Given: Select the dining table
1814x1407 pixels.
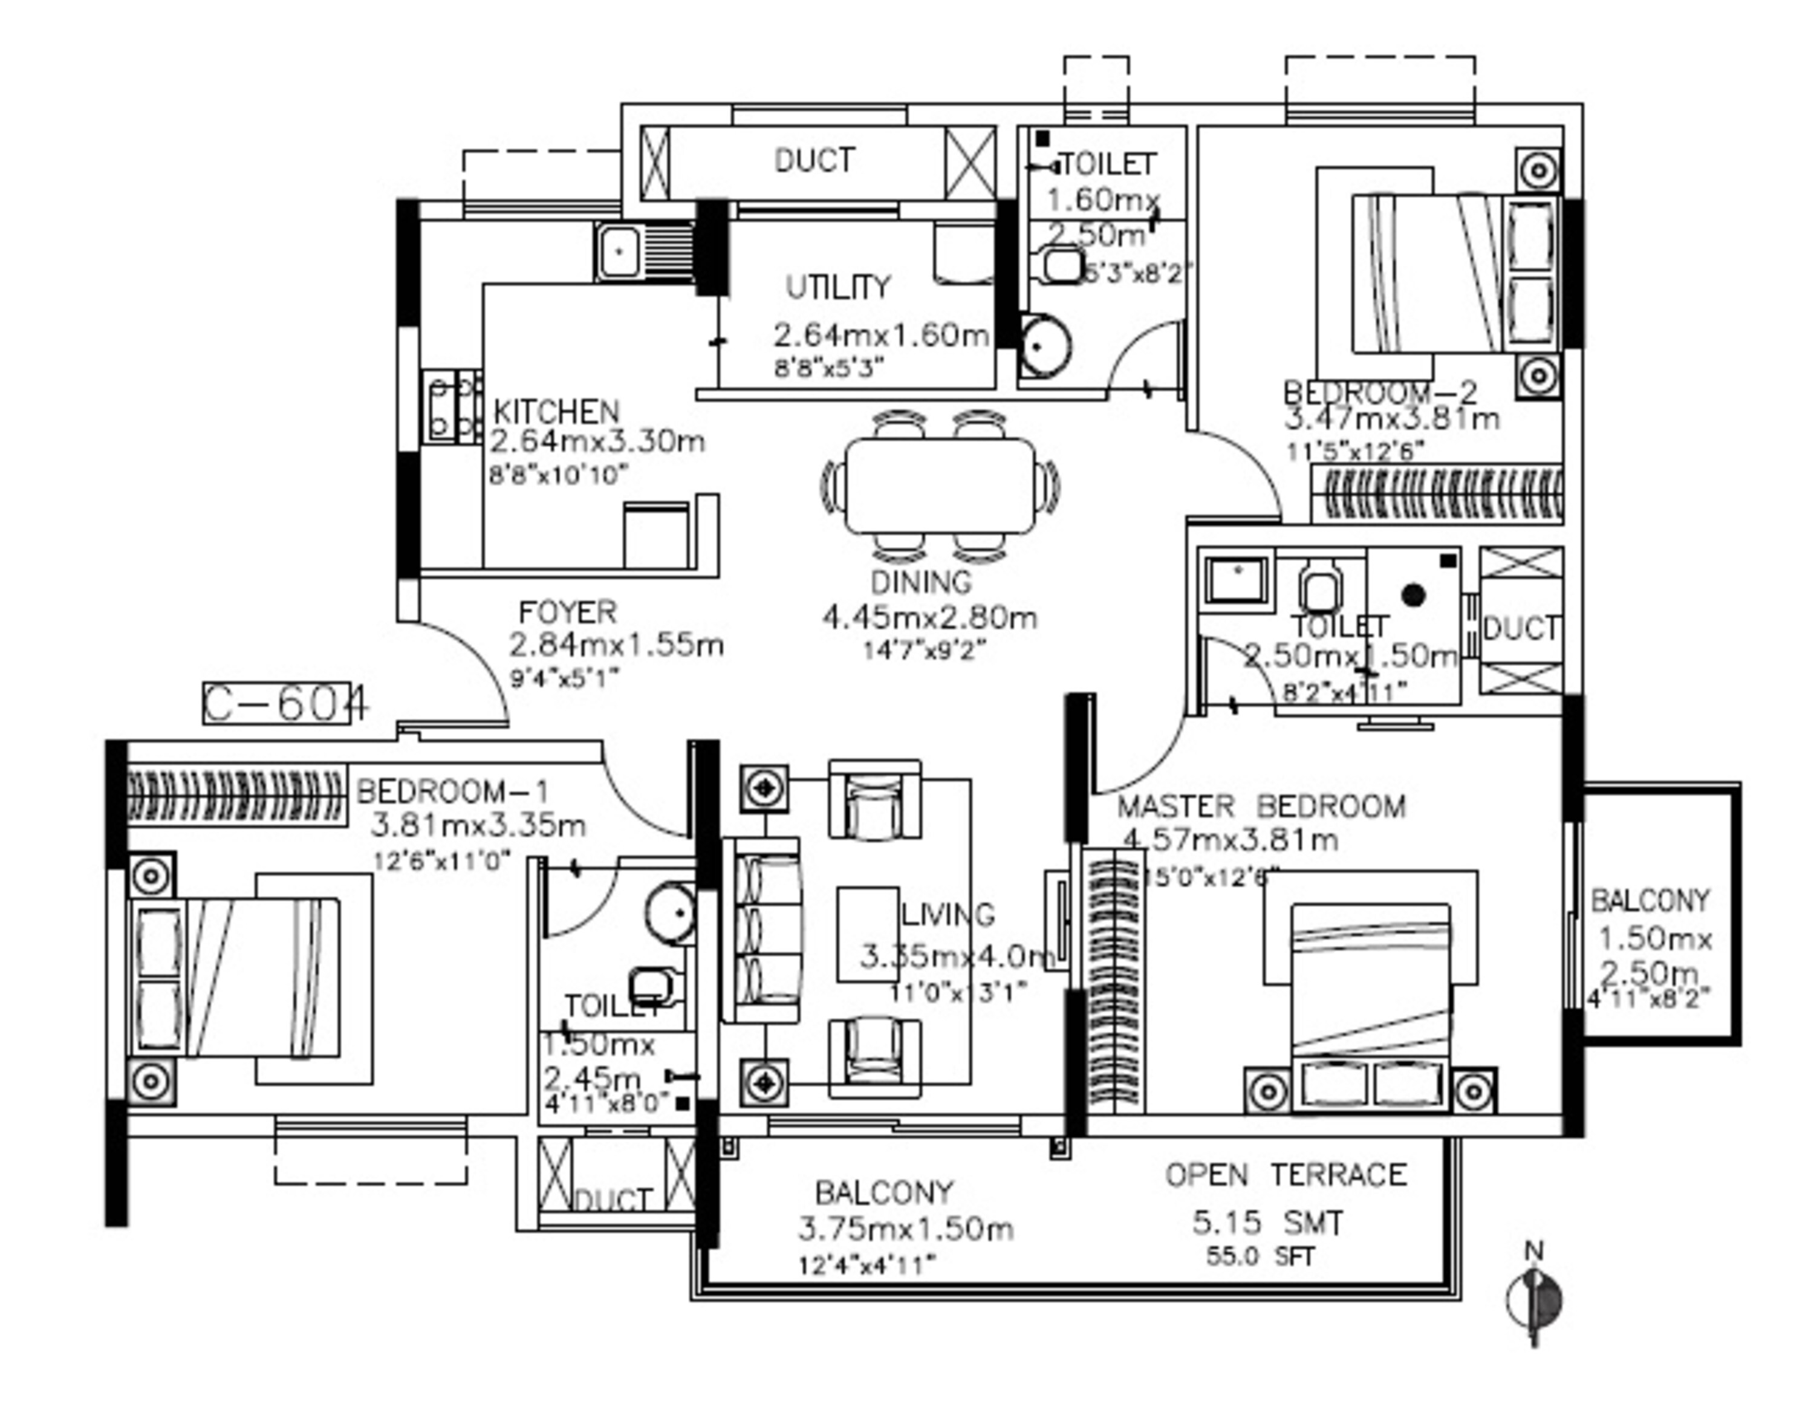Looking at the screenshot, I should click(940, 486).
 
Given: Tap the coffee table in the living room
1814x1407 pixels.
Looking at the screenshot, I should click(868, 934).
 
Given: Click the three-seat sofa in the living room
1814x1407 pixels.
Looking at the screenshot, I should click(762, 929).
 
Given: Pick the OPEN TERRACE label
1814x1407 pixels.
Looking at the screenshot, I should click(1285, 1174).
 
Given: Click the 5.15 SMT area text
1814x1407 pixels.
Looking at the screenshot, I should click(1267, 1222).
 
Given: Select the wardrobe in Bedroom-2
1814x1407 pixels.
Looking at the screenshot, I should click(1437, 494).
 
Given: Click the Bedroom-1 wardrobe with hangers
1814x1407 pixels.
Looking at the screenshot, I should click(236, 795).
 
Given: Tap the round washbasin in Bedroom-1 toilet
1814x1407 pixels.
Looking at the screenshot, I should click(669, 912).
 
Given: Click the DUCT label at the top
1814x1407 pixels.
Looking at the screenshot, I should click(813, 160).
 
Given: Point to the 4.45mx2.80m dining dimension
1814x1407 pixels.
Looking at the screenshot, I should click(929, 617).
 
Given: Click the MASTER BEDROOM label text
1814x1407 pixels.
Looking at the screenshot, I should click(1260, 807).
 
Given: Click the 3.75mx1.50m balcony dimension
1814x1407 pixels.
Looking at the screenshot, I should click(905, 1227).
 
